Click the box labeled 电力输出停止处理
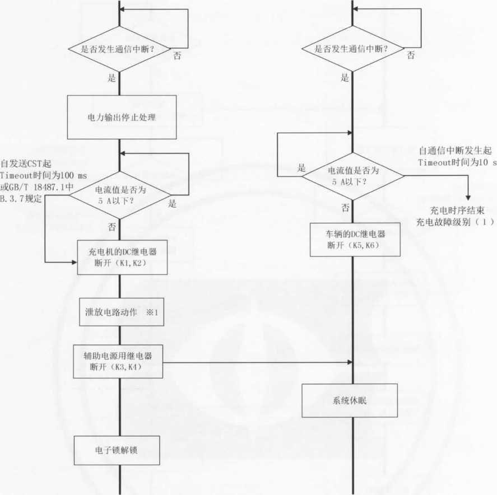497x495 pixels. coord(122,117)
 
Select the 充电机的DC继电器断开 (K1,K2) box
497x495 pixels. coord(122,258)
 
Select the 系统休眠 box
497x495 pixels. coord(350,400)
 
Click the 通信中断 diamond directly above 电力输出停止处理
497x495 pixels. coord(119,50)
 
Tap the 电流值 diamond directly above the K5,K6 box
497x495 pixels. coord(352,176)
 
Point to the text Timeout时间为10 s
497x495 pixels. coord(457,162)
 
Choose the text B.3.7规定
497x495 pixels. coord(22,197)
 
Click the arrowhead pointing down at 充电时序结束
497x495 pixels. coord(468,197)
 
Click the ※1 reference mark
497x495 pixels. coord(152,312)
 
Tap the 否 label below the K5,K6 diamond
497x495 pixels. coord(345,207)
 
